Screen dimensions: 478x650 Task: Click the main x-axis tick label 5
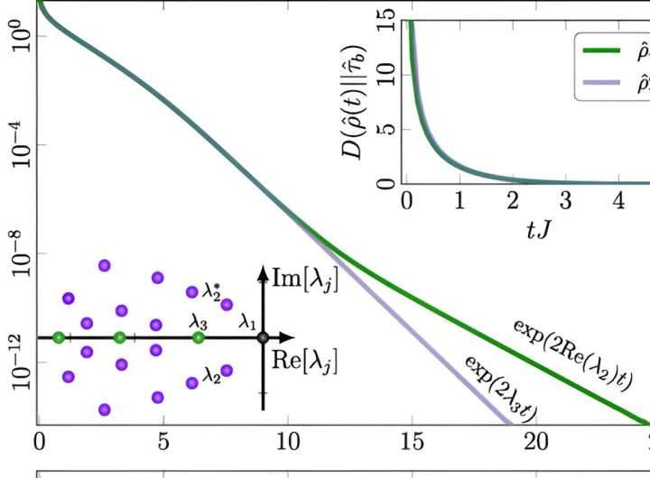click(x=163, y=443)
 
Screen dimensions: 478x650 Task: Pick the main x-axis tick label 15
click(x=412, y=443)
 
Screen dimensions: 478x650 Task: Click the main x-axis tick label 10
click(x=287, y=443)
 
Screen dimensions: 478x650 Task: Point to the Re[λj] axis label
click(x=306, y=362)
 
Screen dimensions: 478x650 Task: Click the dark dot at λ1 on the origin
click(x=263, y=337)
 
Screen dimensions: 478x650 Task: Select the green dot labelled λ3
click(x=199, y=337)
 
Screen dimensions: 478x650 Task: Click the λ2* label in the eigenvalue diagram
click(x=212, y=290)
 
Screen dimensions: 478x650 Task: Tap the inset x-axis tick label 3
click(x=565, y=200)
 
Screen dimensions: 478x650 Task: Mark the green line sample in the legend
click(x=599, y=51)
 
